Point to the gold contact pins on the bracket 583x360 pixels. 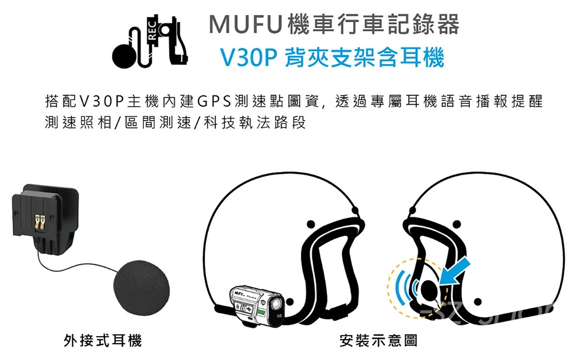[39, 221]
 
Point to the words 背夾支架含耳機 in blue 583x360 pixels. [365, 57]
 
